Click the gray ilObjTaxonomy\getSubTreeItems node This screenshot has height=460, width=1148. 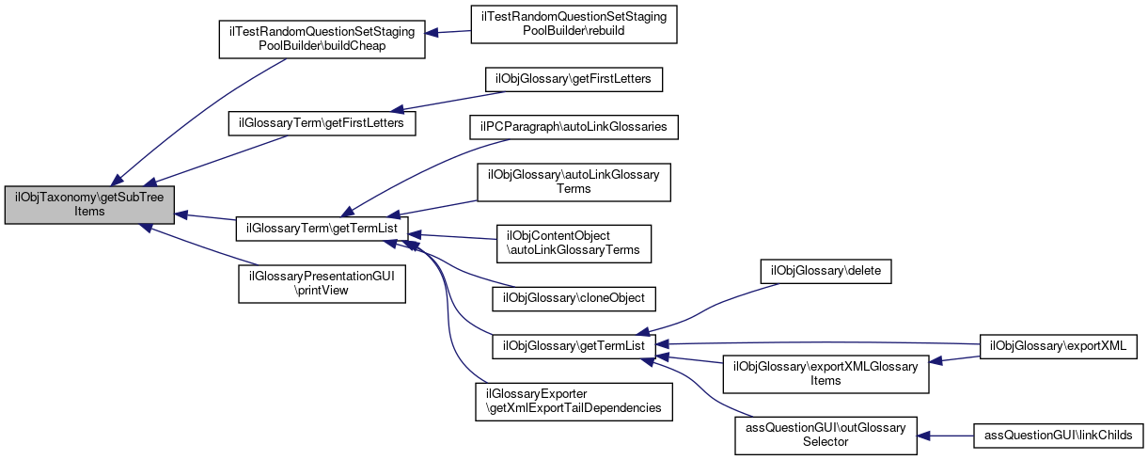(90, 203)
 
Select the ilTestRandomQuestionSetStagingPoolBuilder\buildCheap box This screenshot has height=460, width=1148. (322, 39)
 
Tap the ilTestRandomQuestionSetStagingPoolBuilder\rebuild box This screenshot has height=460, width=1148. (574, 24)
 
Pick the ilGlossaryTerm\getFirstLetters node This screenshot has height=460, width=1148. (322, 123)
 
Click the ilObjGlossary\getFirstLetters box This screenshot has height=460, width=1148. (573, 79)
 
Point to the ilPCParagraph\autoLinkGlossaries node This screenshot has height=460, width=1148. (573, 125)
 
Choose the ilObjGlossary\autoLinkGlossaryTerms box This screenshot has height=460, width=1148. (573, 182)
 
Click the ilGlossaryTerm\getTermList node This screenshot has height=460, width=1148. (322, 228)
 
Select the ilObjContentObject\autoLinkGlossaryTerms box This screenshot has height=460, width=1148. (573, 243)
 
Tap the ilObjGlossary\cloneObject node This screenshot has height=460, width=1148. (573, 297)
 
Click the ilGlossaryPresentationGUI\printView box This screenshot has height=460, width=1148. (322, 283)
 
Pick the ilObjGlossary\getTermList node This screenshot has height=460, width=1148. (573, 346)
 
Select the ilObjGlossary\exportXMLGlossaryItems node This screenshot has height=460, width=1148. (825, 374)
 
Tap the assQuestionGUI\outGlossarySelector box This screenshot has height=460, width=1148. (825, 435)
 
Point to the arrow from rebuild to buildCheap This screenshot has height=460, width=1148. (448, 33)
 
